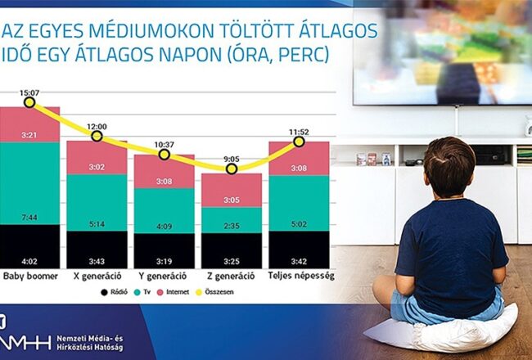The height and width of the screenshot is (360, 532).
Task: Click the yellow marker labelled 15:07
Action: (x=29, y=102)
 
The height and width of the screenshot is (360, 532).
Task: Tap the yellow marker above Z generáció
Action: (x=232, y=169)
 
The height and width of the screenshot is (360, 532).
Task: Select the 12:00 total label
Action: (x=97, y=127)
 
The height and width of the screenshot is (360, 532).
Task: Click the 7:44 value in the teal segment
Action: (x=29, y=217)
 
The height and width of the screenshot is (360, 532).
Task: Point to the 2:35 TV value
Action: (x=232, y=226)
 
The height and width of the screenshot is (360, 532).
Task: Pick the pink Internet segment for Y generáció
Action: (x=165, y=172)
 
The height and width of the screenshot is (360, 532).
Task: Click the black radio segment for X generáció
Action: (x=97, y=250)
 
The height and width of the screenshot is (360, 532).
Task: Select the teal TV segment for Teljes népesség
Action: (x=299, y=203)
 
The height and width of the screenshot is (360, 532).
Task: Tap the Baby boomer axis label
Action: (x=30, y=276)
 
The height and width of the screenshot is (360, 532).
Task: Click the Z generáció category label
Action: (x=231, y=276)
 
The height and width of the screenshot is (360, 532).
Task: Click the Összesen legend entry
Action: (x=214, y=292)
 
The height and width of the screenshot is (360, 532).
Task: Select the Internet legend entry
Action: (x=173, y=292)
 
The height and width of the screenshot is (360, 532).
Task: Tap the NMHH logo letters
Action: (x=25, y=343)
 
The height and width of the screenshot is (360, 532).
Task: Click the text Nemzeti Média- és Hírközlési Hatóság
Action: (x=90, y=343)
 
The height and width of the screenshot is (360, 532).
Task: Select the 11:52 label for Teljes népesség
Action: (x=299, y=132)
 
